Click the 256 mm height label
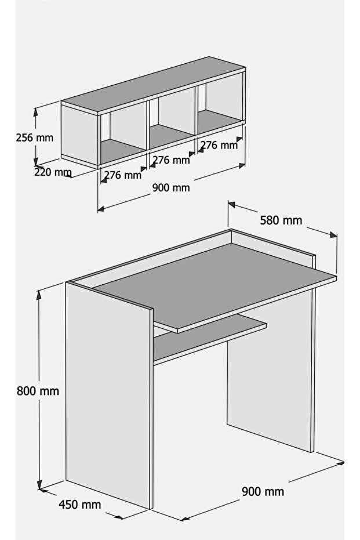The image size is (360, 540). point(35,138)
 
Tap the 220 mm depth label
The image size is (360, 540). point(53,172)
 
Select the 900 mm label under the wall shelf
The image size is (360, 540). point(171,188)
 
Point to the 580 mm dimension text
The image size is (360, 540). point(281,220)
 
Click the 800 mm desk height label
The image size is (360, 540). point(38,391)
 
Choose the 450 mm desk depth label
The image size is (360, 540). point(80,505)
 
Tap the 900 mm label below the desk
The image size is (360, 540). point(263,491)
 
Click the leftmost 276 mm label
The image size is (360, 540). point(123,175)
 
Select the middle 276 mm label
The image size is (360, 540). point(171,160)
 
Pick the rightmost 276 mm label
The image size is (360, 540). point(219,145)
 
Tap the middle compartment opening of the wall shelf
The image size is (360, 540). point(172,117)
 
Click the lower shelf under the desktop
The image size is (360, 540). point(210,337)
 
